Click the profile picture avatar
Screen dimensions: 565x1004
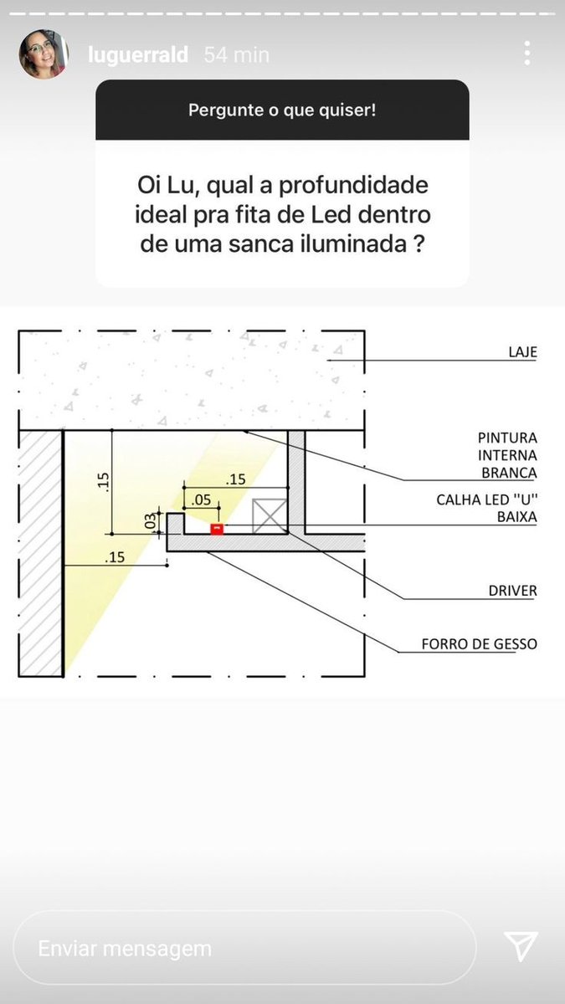pos(44,54)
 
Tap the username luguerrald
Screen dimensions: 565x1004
pos(138,55)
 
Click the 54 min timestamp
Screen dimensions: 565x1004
pos(237,55)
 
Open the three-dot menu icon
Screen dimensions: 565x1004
pos(527,54)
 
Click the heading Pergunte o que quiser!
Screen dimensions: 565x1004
pos(282,110)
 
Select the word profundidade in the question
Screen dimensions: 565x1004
pos(354,186)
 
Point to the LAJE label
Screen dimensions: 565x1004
pos(522,352)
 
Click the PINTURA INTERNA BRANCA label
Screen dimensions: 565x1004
pos(507,455)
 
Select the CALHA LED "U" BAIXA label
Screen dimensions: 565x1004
pos(486,508)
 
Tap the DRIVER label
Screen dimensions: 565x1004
pos(512,591)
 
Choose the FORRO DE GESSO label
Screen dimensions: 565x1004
pos(479,644)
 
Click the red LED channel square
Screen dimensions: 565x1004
pos(217,529)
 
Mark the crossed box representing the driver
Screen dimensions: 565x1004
pos(269,516)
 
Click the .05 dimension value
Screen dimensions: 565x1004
pos(201,499)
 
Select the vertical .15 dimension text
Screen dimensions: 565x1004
pos(103,482)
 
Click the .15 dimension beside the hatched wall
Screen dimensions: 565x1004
pos(115,557)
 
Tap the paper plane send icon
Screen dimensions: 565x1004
pos(521,945)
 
